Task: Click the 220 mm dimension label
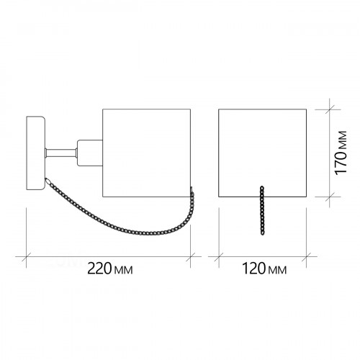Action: pyautogui.click(x=109, y=269)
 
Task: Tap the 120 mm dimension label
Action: pyautogui.click(x=264, y=269)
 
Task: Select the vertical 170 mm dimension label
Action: pyautogui.click(x=341, y=153)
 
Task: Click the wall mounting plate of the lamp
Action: pyautogui.click(x=35, y=153)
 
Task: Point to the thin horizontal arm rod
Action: pyautogui.click(x=61, y=153)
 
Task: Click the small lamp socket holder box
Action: pyautogui.click(x=90, y=153)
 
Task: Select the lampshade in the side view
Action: pyautogui.click(x=146, y=153)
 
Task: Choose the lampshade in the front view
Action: pyautogui.click(x=263, y=153)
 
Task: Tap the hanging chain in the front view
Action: pyautogui.click(x=262, y=210)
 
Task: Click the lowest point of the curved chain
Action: pyautogui.click(x=149, y=233)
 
